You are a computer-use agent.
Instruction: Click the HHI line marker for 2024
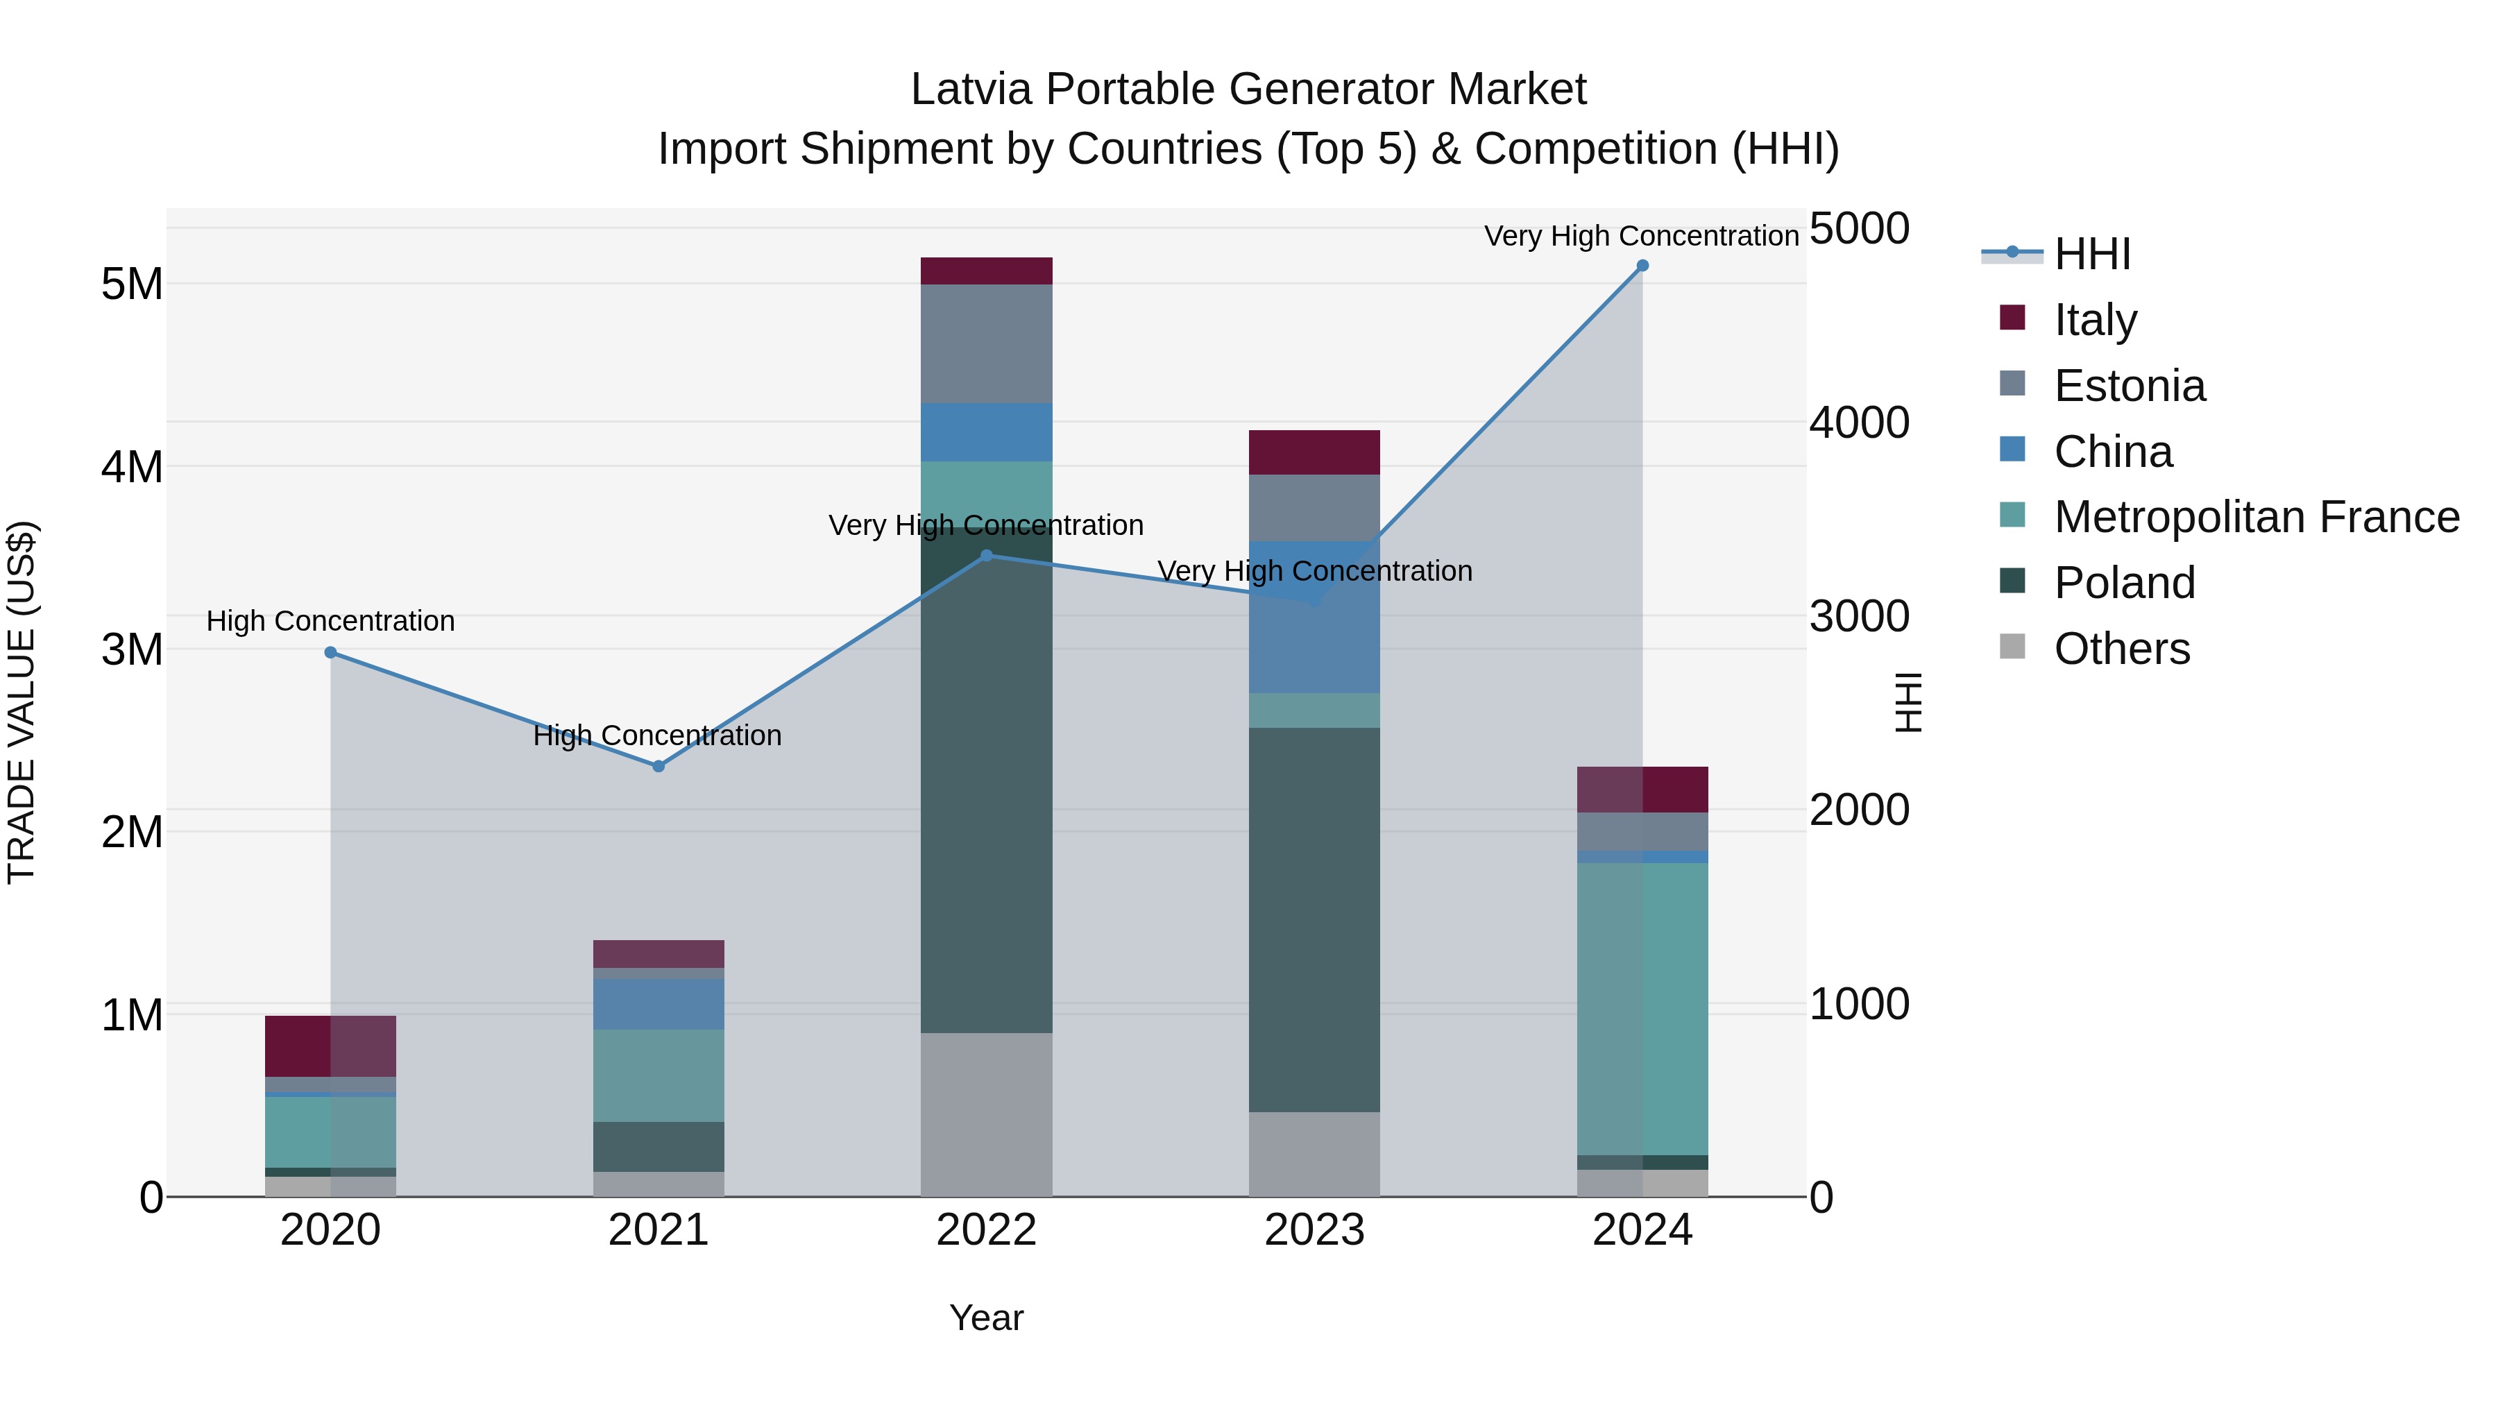coord(1642,266)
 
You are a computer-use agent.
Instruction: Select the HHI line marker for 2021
coord(659,766)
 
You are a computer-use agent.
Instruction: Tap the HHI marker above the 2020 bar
coord(331,653)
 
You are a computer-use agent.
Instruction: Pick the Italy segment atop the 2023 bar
coord(1314,452)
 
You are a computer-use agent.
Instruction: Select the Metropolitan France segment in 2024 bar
coord(1642,1008)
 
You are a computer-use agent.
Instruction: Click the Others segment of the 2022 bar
coord(986,1114)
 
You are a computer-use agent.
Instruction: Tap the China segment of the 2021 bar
coord(659,1003)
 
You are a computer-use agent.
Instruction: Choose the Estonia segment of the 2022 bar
coord(986,343)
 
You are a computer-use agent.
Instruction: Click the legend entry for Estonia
coord(2129,386)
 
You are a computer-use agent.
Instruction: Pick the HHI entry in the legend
coord(2091,254)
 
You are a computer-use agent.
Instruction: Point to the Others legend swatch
coord(2012,647)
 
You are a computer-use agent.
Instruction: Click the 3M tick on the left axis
coord(132,649)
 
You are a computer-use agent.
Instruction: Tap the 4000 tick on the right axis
coord(1859,423)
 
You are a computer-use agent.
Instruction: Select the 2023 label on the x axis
coord(1314,1230)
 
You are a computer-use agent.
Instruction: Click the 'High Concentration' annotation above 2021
coord(658,736)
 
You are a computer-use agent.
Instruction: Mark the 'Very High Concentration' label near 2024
coord(1641,236)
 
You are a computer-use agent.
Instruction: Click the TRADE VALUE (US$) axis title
coord(22,702)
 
